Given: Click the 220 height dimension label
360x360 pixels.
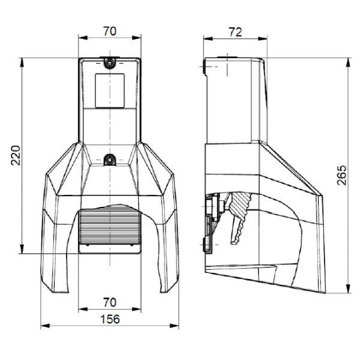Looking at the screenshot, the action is [x=16, y=155].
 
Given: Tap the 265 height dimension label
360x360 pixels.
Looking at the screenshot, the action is [x=341, y=175].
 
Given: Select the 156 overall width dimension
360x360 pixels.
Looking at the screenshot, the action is [x=110, y=319].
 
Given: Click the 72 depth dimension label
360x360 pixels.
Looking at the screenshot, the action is [x=235, y=32].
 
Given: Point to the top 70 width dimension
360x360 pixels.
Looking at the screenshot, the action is [x=110, y=31].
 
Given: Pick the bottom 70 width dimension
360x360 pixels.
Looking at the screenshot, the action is [x=110, y=302].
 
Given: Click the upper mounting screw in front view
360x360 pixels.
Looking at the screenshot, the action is [x=110, y=62].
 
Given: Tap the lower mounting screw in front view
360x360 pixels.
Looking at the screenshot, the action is [x=110, y=160].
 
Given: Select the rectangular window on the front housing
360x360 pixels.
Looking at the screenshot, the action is [x=110, y=91].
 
